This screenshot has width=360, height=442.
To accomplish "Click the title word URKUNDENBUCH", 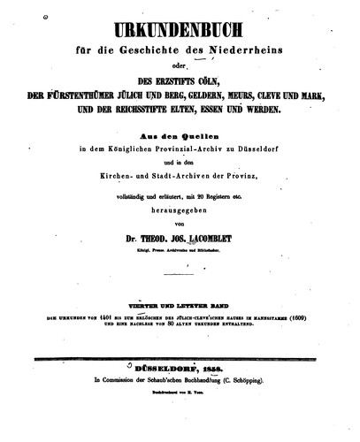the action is (180, 17).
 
